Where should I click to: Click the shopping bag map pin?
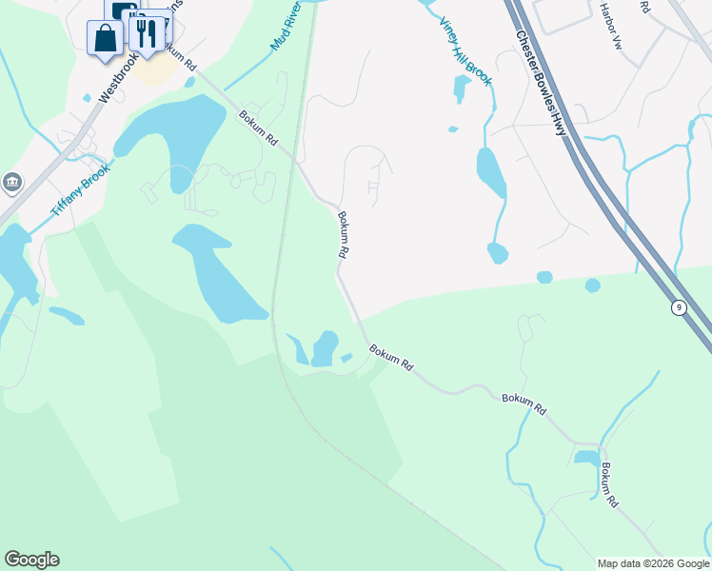(x=105, y=39)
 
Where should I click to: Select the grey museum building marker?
(x=11, y=182)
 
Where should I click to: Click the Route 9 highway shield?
(x=678, y=306)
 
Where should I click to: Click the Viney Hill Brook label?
(x=465, y=51)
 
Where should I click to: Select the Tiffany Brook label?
(x=81, y=187)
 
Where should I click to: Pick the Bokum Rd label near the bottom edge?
(x=610, y=483)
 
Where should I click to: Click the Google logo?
(x=31, y=560)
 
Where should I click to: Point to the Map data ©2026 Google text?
(x=653, y=563)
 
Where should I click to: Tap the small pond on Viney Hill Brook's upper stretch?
(x=462, y=89)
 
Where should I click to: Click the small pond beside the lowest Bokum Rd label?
(x=586, y=459)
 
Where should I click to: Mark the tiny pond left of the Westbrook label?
(x=87, y=98)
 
